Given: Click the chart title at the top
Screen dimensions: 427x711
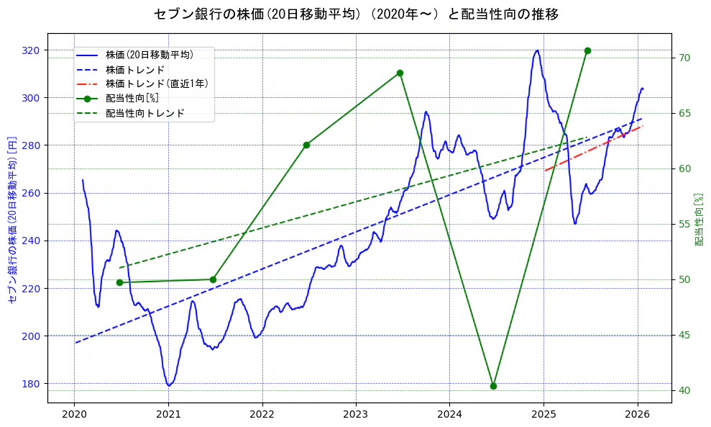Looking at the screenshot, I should coord(356,14).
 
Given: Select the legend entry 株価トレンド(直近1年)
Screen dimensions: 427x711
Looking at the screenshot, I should coord(157,84).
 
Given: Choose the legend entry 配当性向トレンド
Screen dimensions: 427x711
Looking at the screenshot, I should coord(145,113).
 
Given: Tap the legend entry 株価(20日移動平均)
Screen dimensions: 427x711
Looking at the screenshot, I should coord(149,55).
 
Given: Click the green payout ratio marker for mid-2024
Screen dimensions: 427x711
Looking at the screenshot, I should coord(493,386).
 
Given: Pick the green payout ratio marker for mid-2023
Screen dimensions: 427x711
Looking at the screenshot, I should coord(400,73).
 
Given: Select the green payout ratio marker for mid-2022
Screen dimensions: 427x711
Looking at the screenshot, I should coord(306,145).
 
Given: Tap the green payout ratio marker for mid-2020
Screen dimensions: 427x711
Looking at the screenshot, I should coord(119,282).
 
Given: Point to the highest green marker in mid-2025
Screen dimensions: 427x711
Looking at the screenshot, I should coord(587,50).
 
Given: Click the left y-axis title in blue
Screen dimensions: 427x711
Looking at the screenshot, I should coord(12,219).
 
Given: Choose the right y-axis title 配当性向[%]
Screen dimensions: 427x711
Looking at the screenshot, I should coord(699,219).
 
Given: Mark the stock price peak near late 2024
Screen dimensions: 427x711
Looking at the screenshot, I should coord(537,50).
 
